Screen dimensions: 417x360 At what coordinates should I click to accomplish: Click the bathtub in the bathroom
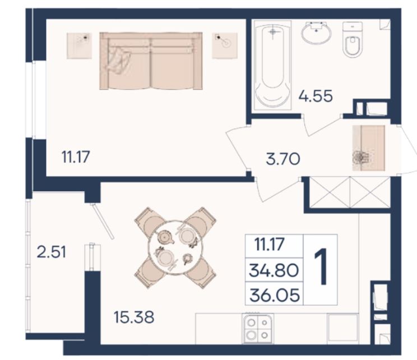coord(272,66)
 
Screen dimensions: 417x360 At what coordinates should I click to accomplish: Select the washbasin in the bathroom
coord(317,33)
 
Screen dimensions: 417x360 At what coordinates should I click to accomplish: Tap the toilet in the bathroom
coord(353,39)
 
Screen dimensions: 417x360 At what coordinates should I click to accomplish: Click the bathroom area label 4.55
coord(316,96)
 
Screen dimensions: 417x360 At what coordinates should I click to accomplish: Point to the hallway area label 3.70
coord(283,159)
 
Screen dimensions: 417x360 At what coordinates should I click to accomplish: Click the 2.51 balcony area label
coord(52,252)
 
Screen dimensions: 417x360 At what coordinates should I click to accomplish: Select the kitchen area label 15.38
coord(134,317)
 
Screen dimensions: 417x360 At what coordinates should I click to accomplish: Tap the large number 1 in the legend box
coord(321,266)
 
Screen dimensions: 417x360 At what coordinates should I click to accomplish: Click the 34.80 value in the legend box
coord(274,270)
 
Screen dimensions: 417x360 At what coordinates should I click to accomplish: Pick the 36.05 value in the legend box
coord(275,296)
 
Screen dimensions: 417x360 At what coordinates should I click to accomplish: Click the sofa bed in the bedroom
coord(151,61)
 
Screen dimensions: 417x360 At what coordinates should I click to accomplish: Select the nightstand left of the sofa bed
coord(79,46)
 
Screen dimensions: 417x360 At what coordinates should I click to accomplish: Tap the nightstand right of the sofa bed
coord(224,45)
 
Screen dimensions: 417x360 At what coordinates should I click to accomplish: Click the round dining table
coord(175,247)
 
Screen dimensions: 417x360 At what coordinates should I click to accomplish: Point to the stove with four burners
coord(258,329)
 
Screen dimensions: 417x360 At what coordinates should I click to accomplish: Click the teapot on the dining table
coord(165,237)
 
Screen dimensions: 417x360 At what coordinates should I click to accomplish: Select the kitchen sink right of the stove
coord(342,328)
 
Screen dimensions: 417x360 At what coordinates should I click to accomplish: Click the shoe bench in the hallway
coord(369,148)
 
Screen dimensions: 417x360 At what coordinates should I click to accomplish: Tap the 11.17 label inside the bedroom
coord(76,156)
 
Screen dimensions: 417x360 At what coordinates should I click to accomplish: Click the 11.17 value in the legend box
coord(270,244)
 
